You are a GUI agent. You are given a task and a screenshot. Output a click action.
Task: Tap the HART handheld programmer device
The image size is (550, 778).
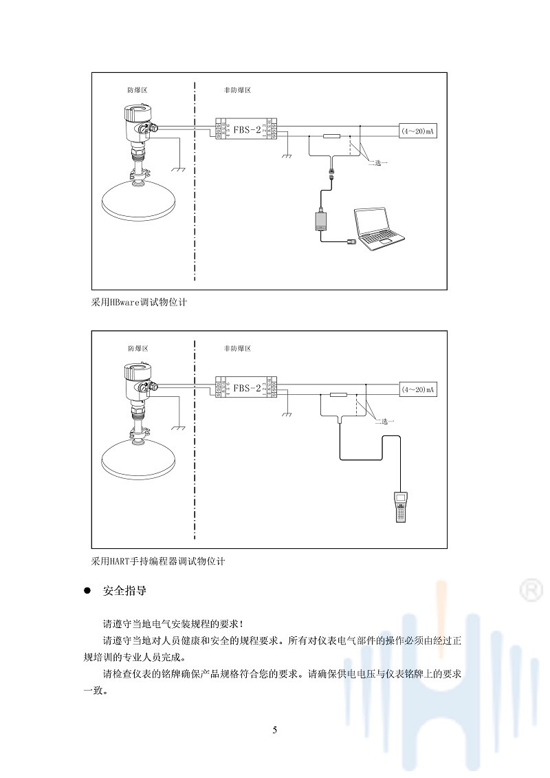pyautogui.click(x=400, y=508)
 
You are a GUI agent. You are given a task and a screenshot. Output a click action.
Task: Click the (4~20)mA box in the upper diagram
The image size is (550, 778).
pyautogui.click(x=419, y=130)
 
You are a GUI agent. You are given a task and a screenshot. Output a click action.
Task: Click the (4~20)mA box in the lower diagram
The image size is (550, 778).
pyautogui.click(x=419, y=389)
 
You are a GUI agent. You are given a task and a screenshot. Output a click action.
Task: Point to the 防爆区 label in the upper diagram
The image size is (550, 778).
pyautogui.click(x=137, y=90)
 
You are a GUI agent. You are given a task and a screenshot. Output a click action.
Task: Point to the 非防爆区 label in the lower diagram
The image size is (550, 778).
pyautogui.click(x=237, y=349)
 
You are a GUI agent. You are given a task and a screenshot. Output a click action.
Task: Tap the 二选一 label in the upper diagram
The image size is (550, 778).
pyautogui.click(x=378, y=163)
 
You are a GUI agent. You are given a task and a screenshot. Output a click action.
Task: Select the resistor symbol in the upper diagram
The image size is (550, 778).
pyautogui.click(x=331, y=136)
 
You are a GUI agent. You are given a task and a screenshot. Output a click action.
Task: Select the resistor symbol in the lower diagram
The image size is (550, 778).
pyautogui.click(x=338, y=395)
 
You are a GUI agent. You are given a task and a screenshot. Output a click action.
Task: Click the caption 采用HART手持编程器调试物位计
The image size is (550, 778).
pyautogui.click(x=158, y=561)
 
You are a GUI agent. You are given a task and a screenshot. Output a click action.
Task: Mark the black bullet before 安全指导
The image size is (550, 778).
pyautogui.click(x=87, y=591)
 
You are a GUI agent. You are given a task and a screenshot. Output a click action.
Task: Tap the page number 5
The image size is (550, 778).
pyautogui.click(x=274, y=730)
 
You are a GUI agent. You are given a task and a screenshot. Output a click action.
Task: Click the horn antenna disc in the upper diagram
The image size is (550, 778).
pyautogui.click(x=138, y=199)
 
